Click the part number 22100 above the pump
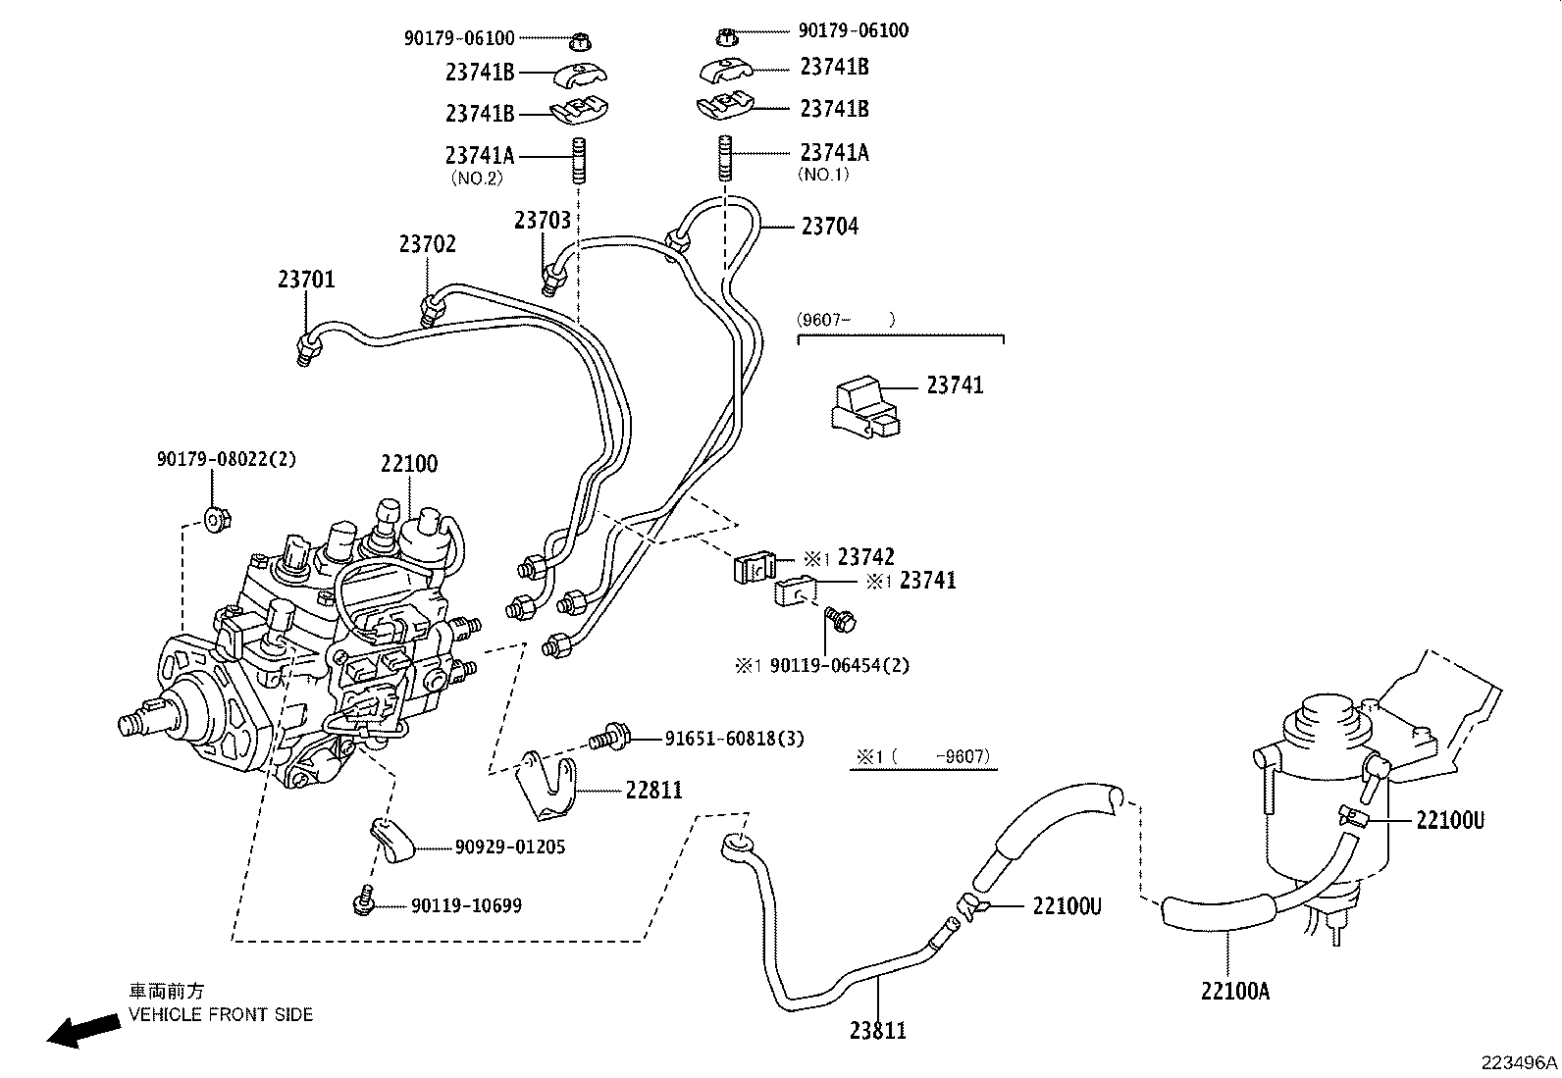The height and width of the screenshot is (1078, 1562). click(x=409, y=463)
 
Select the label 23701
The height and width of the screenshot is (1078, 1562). click(x=306, y=280)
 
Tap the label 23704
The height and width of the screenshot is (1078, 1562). click(x=829, y=227)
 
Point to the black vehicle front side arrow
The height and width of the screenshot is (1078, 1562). click(x=78, y=1030)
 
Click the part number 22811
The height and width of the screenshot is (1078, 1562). click(x=653, y=790)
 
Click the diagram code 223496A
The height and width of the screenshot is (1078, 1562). click(x=1519, y=1062)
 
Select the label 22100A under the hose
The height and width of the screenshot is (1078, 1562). click(x=1234, y=991)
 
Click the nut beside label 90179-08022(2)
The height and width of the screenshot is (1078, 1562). click(x=213, y=517)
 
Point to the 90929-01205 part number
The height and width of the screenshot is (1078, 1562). click(x=509, y=847)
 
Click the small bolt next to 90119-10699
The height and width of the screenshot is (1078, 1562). click(x=364, y=900)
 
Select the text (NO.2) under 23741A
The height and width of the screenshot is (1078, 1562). click(x=476, y=179)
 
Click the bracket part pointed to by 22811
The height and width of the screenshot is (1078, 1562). click(x=545, y=785)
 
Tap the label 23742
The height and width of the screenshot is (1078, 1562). click(x=865, y=557)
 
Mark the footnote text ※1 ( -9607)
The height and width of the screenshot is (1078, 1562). click(x=923, y=756)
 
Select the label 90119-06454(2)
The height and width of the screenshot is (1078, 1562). click(x=839, y=665)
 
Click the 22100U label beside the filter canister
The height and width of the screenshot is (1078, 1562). click(x=1449, y=820)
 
